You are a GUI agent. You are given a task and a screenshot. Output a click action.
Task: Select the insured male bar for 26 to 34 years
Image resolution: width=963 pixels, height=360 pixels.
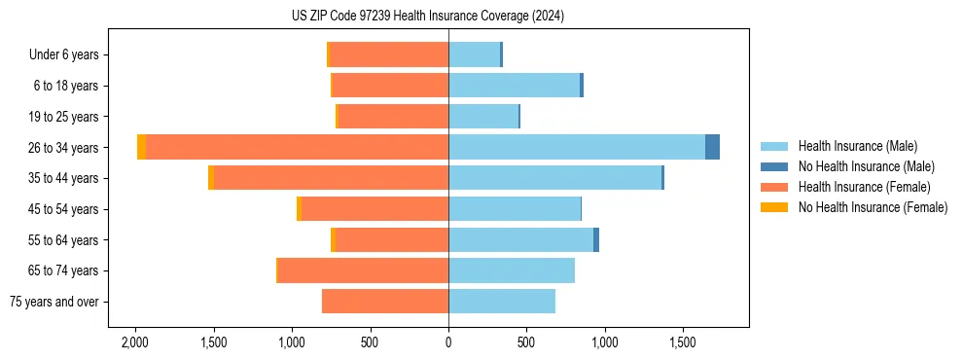coord(576,147)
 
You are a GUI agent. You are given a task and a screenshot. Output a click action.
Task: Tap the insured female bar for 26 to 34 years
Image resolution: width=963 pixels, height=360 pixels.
coord(297,147)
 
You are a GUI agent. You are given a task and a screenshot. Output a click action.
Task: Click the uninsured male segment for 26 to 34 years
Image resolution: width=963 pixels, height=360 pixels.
coord(712,147)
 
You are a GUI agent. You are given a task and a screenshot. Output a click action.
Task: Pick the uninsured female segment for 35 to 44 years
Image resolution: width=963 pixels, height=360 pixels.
coord(211,178)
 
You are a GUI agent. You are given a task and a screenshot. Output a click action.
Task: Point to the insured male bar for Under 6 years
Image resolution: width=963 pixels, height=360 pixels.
coord(474,54)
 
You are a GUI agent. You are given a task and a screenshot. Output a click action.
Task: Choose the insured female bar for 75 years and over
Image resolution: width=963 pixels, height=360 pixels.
coord(385,302)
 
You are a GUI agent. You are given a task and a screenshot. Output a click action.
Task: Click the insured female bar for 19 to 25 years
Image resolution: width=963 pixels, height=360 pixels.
coord(393,117)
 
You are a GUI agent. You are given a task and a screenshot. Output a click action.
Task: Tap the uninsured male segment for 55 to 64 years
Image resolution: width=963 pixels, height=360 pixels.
coord(596,239)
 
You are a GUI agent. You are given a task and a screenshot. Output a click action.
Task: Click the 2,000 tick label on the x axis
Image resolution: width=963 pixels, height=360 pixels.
coord(134,342)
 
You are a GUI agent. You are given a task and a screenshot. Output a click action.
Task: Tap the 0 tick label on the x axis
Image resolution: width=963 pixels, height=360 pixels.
coord(448,342)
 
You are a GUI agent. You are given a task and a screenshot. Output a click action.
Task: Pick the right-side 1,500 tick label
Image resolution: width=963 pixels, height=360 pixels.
coord(683,342)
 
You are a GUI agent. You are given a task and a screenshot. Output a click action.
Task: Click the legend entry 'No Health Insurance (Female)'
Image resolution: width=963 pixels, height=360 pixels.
coord(873,207)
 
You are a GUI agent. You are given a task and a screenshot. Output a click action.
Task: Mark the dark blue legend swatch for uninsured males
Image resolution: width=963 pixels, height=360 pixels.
coord(774,166)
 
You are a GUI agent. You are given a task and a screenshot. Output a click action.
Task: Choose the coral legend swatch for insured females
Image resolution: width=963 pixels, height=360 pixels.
coord(774,187)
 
